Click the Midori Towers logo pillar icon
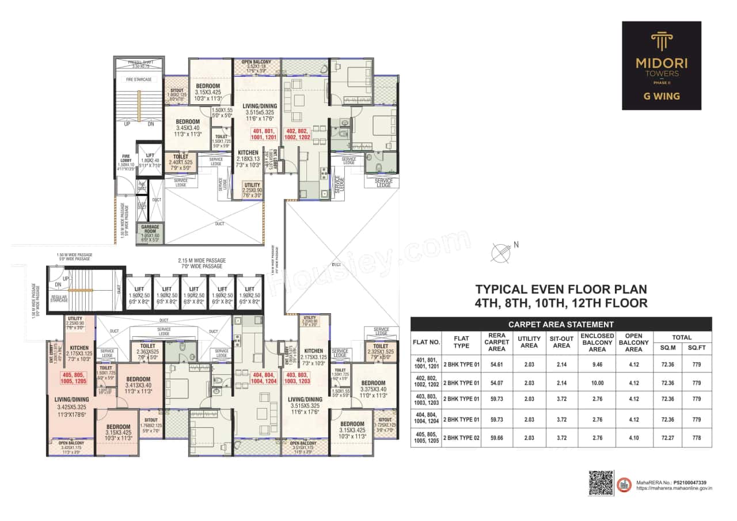click(661, 41)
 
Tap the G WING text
click(661, 96)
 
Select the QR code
click(600, 483)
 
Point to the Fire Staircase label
click(138, 79)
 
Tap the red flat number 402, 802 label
click(298, 134)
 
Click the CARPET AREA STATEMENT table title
click(561, 324)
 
